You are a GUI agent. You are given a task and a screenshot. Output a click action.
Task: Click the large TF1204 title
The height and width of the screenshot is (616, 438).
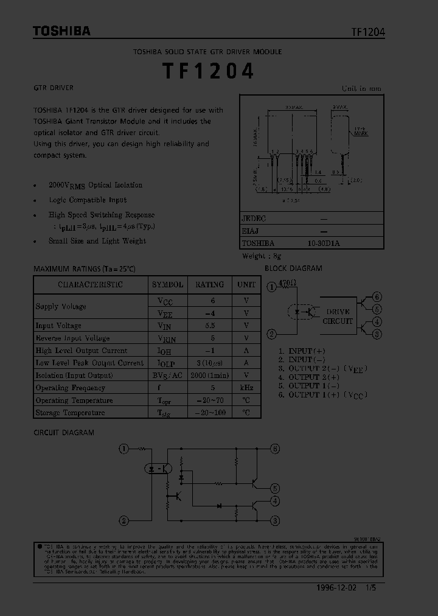coord(207,71)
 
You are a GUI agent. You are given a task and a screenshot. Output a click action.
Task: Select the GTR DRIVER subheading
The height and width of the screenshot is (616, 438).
coord(53,88)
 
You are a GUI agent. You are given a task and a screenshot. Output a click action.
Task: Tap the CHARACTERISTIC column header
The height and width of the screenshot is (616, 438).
coord(90,284)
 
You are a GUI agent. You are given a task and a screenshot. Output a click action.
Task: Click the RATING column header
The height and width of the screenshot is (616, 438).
coord(209,284)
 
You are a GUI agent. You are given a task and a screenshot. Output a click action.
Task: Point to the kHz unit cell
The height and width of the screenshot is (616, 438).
coord(246,388)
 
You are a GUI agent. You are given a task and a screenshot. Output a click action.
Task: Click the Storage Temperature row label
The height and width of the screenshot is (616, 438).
coord(70,413)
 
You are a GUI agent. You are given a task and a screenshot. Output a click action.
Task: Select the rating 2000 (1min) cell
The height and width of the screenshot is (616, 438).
coord(209,376)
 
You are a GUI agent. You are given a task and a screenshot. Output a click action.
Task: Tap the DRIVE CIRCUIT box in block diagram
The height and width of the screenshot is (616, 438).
coord(337,316)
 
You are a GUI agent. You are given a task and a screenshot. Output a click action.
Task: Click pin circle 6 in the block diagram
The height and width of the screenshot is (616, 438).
coord(377,297)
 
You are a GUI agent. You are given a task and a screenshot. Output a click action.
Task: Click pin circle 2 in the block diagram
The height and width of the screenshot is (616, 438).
coord(271,334)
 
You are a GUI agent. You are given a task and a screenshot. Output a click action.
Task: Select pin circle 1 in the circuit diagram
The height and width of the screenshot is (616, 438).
coord(123,449)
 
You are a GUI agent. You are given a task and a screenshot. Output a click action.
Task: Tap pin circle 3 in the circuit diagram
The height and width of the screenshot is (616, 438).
coord(275,520)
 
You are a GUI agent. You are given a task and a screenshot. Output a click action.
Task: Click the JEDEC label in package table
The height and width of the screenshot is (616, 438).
coord(254,218)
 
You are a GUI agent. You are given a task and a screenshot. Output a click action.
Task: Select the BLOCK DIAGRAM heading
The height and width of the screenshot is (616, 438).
coord(293,268)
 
